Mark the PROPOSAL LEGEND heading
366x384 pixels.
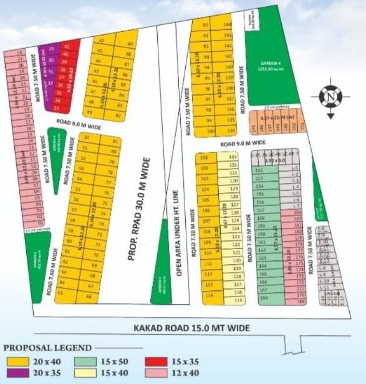48,348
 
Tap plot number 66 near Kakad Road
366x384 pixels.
88,297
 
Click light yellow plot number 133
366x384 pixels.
233,157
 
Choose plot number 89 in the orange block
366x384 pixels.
129,44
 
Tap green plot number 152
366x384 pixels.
258,170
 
